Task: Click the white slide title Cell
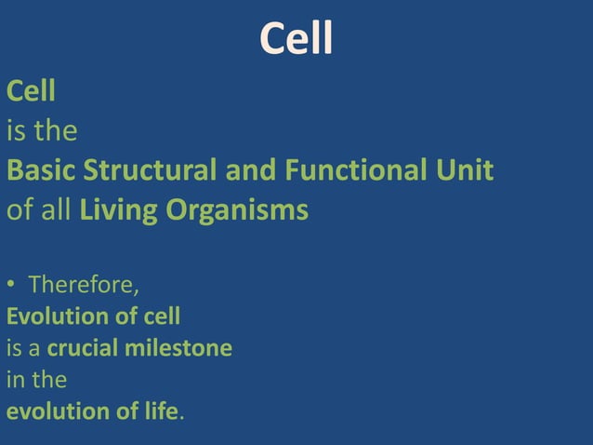tap(296, 40)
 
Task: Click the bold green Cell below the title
tap(31, 91)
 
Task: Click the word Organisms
tap(238, 211)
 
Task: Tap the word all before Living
tap(58, 211)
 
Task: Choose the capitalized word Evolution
tap(53, 317)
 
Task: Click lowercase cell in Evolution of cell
tap(162, 317)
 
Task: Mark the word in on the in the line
tap(15, 381)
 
